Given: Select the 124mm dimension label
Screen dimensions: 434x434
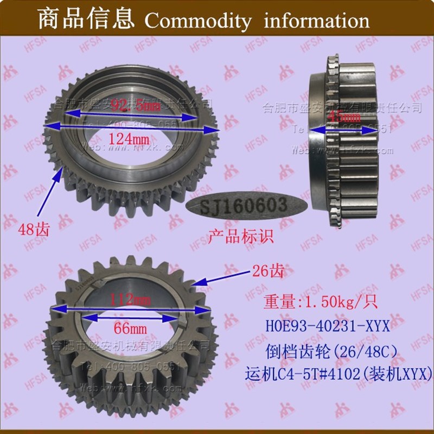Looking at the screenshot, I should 130,139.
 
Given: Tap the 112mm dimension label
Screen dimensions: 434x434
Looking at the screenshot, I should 130,299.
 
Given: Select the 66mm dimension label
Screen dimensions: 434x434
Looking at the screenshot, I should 129,329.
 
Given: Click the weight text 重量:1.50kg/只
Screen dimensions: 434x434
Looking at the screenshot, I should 313,303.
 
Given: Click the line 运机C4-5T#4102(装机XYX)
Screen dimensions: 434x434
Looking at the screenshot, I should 339,374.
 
